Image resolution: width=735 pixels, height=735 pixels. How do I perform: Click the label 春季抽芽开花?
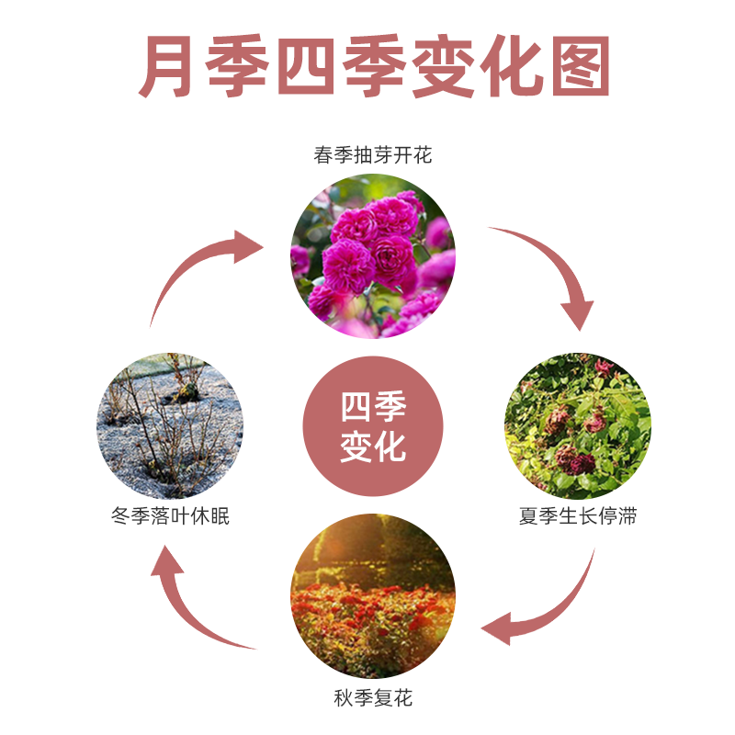372,154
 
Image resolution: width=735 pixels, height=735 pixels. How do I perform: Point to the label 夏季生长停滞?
577,516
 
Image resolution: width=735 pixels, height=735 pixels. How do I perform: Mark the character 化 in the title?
500,68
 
